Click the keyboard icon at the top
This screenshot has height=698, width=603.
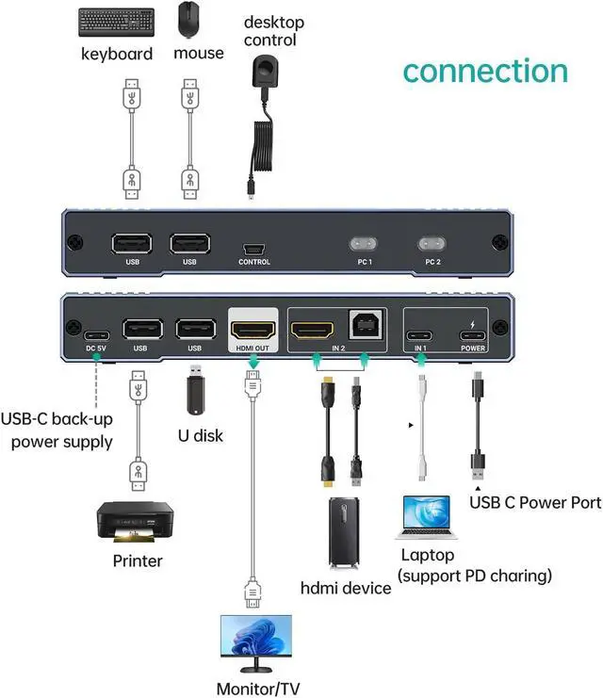click(x=117, y=21)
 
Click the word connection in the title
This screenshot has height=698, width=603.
click(x=485, y=71)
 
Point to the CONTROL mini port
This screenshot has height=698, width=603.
click(x=253, y=250)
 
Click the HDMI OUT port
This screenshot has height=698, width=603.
click(x=253, y=331)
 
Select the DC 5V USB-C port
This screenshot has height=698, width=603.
click(x=97, y=333)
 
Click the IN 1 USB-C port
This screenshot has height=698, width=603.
click(x=421, y=333)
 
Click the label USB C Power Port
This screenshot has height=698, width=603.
click(x=534, y=502)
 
